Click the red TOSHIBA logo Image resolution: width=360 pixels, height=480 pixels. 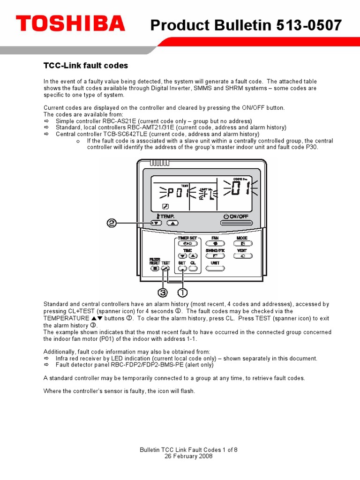point(70,23)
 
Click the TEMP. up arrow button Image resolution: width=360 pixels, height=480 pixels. point(172,223)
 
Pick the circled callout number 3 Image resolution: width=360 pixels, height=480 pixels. point(163,292)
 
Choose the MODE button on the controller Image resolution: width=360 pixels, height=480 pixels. point(242,244)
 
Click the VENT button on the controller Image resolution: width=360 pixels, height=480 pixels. point(242,256)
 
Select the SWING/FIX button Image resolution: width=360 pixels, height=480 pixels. point(215,256)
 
